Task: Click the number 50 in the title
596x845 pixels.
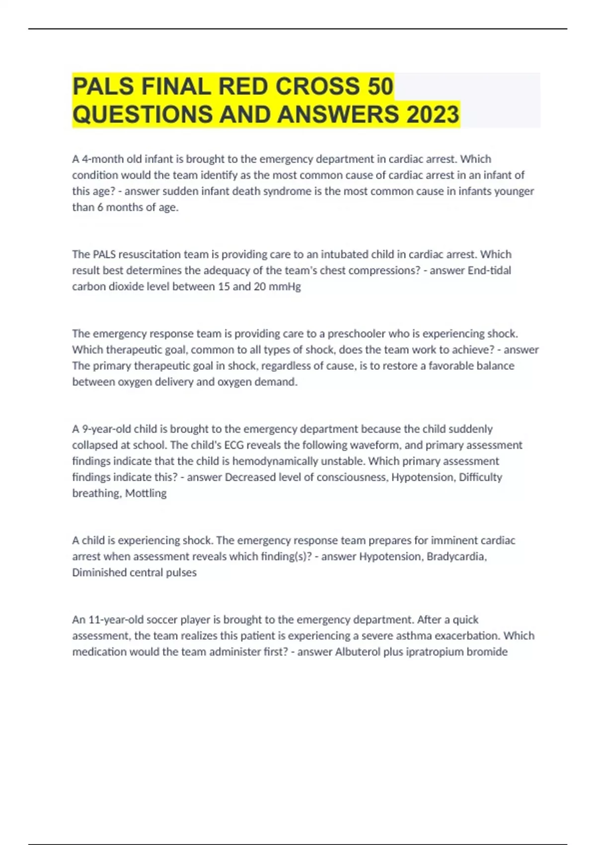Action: click(x=380, y=86)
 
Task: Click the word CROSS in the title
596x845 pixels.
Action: click(x=318, y=86)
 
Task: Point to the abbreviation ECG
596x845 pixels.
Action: click(x=234, y=445)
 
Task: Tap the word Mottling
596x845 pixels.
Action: click(x=146, y=493)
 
